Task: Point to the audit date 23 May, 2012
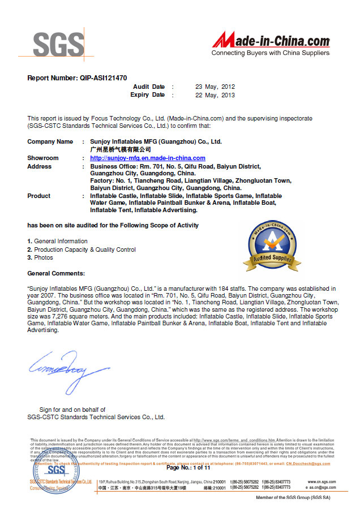point(215,87)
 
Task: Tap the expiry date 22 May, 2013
point(215,95)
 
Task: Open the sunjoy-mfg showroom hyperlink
point(148,158)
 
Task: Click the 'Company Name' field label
point(50,141)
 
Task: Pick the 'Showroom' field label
point(43,158)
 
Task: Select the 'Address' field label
point(39,166)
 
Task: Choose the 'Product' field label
point(38,196)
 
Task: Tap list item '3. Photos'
point(40,257)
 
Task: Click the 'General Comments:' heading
point(56,273)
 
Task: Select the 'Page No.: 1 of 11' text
point(188,468)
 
